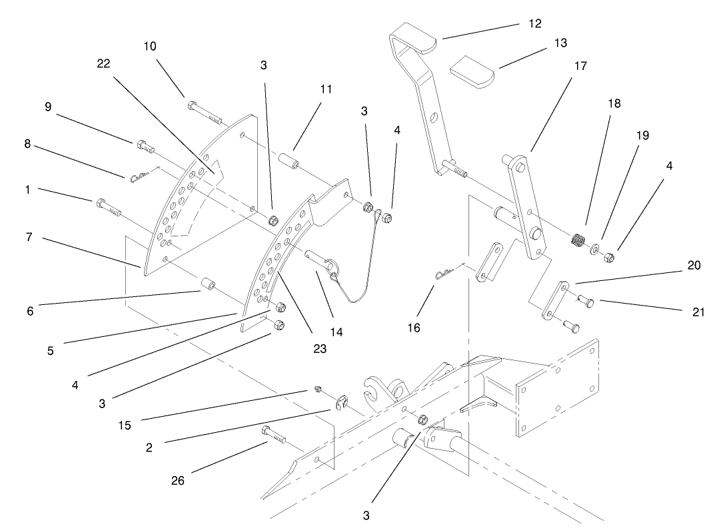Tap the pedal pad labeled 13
click(470, 71)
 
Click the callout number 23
click(320, 348)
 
